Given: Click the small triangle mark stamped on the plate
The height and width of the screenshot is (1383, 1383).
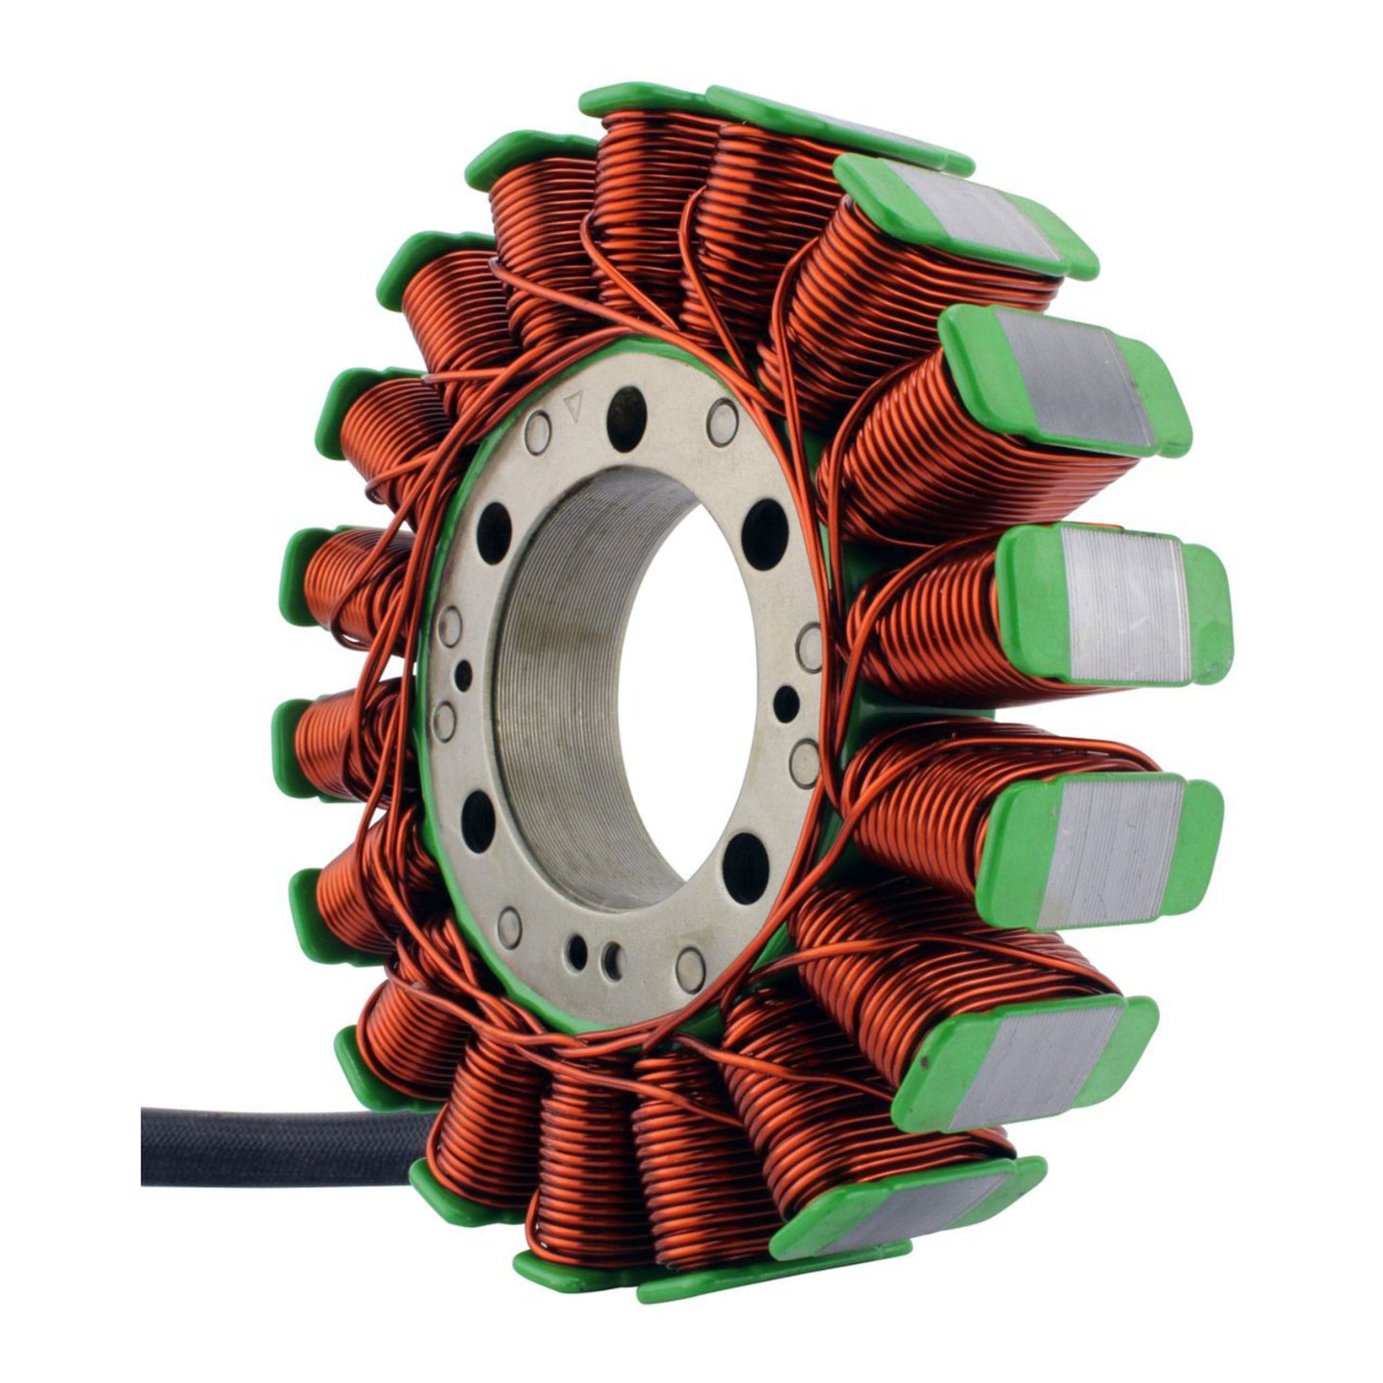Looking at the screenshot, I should [574, 405].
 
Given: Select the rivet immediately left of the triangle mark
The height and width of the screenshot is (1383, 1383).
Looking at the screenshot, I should [538, 427].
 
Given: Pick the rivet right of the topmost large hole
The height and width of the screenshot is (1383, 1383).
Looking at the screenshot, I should [723, 417].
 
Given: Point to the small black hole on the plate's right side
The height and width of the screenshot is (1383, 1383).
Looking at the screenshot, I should [786, 699].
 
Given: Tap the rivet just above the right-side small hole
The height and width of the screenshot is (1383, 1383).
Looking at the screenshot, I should [810, 647].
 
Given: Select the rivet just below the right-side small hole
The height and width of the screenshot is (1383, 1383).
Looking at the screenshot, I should [804, 756].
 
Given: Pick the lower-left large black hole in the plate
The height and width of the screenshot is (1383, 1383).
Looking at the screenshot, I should [477, 819].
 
